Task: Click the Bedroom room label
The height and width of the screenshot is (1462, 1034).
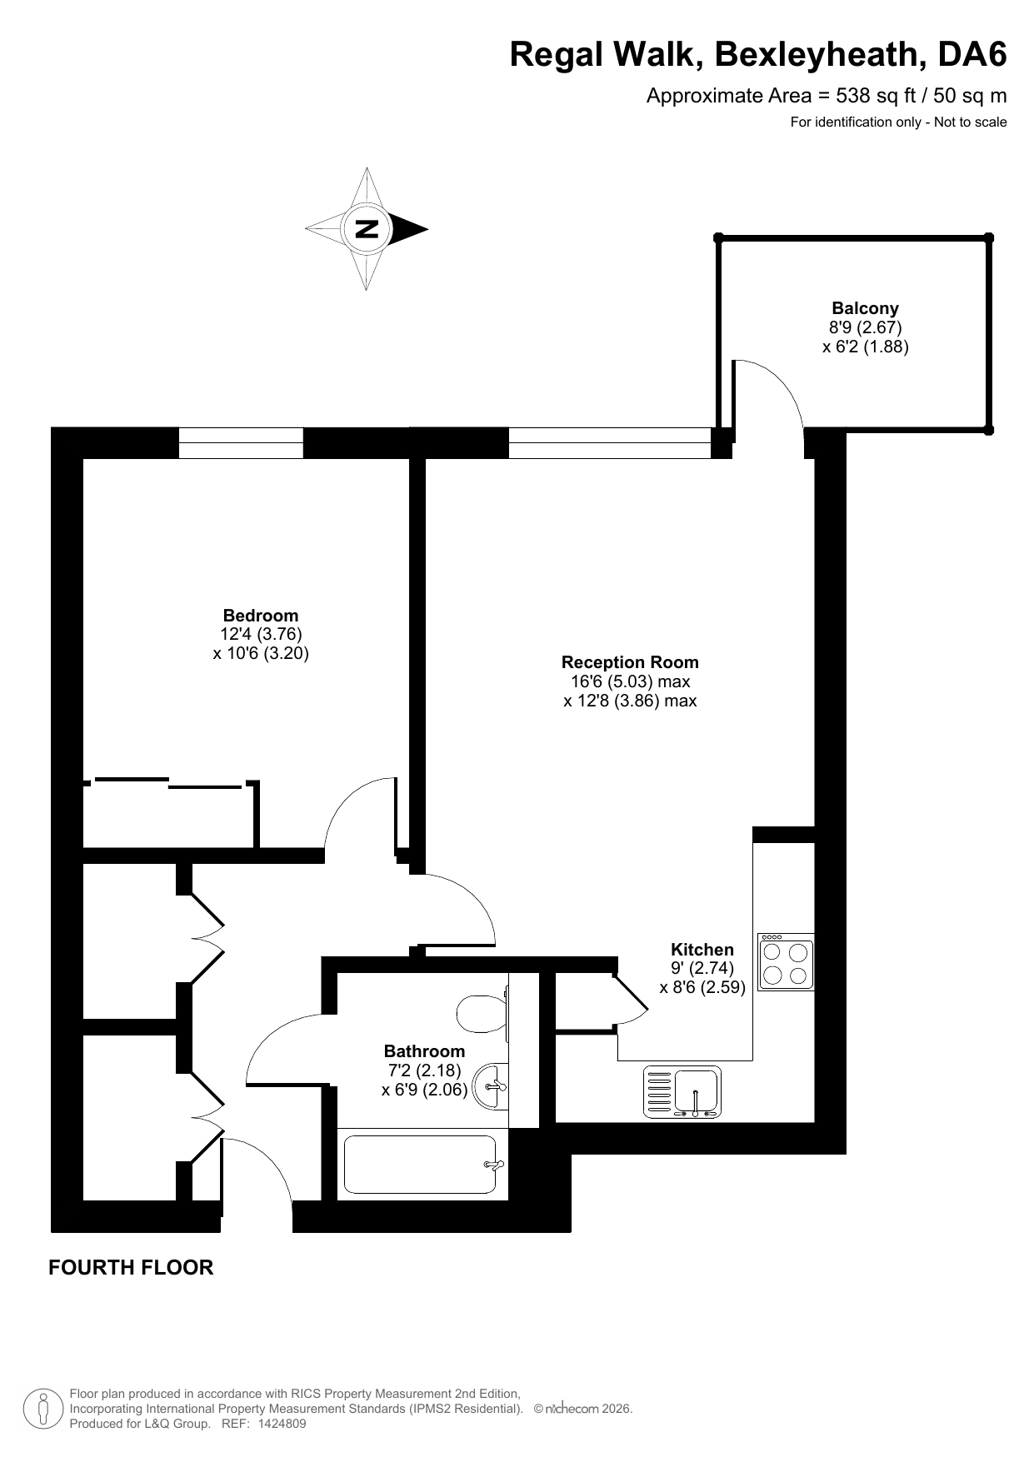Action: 261,616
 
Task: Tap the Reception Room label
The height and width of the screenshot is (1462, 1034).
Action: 630,662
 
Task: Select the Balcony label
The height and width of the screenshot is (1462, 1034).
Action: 865,308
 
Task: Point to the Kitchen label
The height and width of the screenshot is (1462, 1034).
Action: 702,950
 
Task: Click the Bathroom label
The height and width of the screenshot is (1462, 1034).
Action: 424,1051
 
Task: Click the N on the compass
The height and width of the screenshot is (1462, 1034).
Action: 367,228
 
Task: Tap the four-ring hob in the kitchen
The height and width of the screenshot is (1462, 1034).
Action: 786,961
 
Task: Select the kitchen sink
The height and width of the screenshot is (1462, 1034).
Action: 682,1092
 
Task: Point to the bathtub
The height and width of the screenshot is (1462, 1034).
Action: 424,1165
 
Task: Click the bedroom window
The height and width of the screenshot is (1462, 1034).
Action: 241,442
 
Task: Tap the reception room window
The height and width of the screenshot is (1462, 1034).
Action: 610,442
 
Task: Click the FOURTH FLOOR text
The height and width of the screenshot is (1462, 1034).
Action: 131,1267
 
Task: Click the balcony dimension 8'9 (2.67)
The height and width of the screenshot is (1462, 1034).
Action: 865,327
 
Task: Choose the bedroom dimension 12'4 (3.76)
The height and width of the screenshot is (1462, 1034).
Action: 261,636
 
